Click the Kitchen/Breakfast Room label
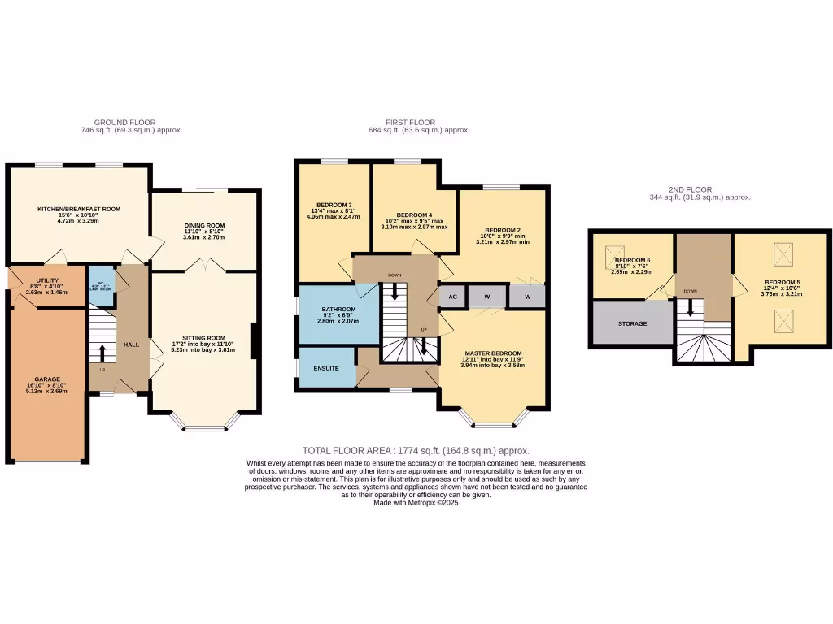coord(79,209)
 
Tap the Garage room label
coord(49,379)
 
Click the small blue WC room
coord(100,286)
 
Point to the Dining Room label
coord(204,225)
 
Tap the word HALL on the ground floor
coord(131,344)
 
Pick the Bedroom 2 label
coord(501,230)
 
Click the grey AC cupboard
coord(452,297)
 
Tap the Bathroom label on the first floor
coord(338,310)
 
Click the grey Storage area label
coord(632,323)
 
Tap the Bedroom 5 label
coord(782,283)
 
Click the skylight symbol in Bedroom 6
coord(613,260)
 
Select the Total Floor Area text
coord(416,450)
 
